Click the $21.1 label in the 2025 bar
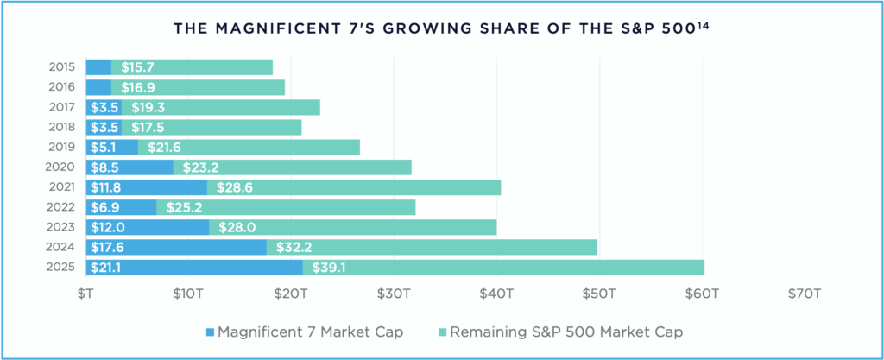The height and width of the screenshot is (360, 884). [x=105, y=268]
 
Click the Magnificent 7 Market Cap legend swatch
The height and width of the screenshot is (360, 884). [x=209, y=332]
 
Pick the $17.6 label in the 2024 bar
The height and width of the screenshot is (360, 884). [x=105, y=248]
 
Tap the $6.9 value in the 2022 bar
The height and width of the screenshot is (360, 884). [x=104, y=207]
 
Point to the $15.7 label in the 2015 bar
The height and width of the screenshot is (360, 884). [x=137, y=67]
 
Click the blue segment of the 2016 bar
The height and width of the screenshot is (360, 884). [x=98, y=87]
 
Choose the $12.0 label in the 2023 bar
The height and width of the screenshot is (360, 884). [x=106, y=228]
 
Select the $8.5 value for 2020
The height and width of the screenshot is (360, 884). [x=104, y=167]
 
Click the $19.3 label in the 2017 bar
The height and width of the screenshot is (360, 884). [x=148, y=108]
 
